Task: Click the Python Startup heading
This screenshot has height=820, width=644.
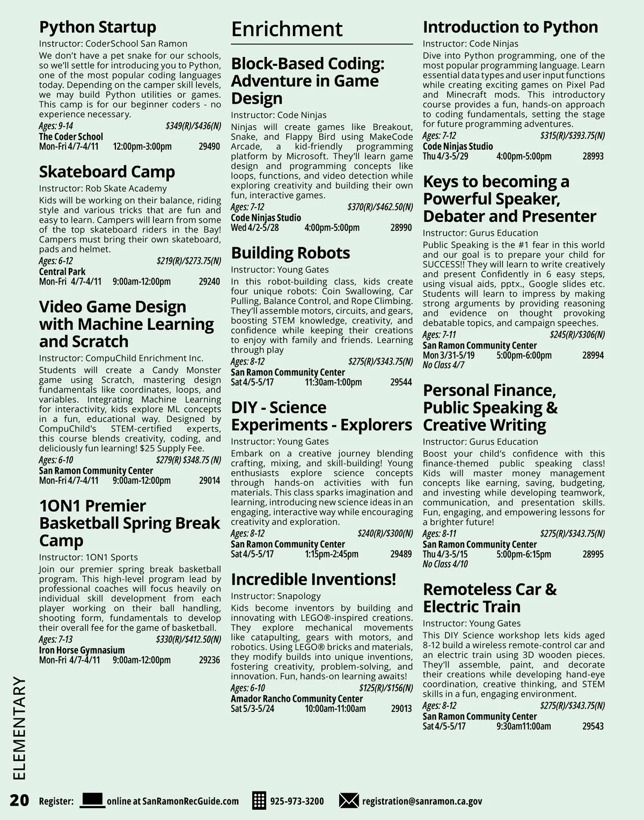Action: [x=97, y=27]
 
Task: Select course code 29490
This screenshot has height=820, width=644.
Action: [x=209, y=147]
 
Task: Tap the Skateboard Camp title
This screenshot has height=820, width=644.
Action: [x=107, y=172]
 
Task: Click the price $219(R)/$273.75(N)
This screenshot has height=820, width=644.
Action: [x=188, y=262]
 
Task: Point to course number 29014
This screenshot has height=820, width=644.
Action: [x=209, y=481]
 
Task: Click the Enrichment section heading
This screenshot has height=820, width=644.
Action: [x=287, y=30]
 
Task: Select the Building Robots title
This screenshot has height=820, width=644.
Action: [x=290, y=253]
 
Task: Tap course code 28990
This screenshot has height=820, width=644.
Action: [x=401, y=228]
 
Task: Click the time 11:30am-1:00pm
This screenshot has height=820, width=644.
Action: [x=333, y=382]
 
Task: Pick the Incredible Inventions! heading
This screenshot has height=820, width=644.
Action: [x=313, y=579]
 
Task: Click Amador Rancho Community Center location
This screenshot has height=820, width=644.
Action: [x=297, y=699]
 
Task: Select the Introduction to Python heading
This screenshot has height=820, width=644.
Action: [x=510, y=27]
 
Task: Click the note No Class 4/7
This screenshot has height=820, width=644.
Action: [x=443, y=365]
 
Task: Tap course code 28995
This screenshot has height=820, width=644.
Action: [x=593, y=554]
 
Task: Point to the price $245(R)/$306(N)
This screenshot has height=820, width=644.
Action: [x=577, y=335]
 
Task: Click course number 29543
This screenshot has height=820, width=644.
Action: [x=593, y=727]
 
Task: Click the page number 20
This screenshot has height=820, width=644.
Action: [x=19, y=800]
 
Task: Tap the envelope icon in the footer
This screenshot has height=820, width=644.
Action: [x=349, y=800]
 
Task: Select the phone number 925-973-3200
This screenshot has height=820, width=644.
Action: [x=297, y=801]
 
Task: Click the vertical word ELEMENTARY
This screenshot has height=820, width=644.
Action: [x=19, y=728]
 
